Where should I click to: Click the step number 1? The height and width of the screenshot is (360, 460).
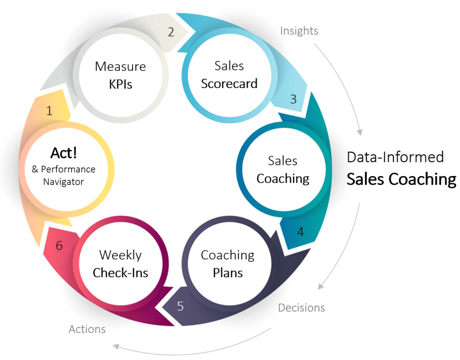49,110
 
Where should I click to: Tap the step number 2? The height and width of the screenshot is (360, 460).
171,32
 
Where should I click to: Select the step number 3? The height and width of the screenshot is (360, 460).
293,99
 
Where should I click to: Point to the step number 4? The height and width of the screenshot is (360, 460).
300,232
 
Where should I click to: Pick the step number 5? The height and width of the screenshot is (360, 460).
180,306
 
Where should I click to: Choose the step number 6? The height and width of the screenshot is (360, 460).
59,246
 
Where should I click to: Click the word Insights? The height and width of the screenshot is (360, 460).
299,31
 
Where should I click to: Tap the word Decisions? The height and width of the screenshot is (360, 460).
301,308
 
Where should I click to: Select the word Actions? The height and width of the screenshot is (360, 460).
87,329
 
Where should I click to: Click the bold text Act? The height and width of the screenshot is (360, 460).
64,153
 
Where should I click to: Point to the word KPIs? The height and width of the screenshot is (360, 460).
120,84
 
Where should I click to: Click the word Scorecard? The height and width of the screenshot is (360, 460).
229,83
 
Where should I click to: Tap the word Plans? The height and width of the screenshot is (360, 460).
228,273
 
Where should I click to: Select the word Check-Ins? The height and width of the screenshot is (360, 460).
120,273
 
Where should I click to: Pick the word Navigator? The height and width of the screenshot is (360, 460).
63,182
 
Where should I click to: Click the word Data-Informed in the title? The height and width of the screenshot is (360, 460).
395,157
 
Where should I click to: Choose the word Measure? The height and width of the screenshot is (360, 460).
120,66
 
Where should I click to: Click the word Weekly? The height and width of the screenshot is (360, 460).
120,255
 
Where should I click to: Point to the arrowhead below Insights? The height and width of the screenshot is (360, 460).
360,132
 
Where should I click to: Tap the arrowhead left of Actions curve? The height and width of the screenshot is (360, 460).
116,347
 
